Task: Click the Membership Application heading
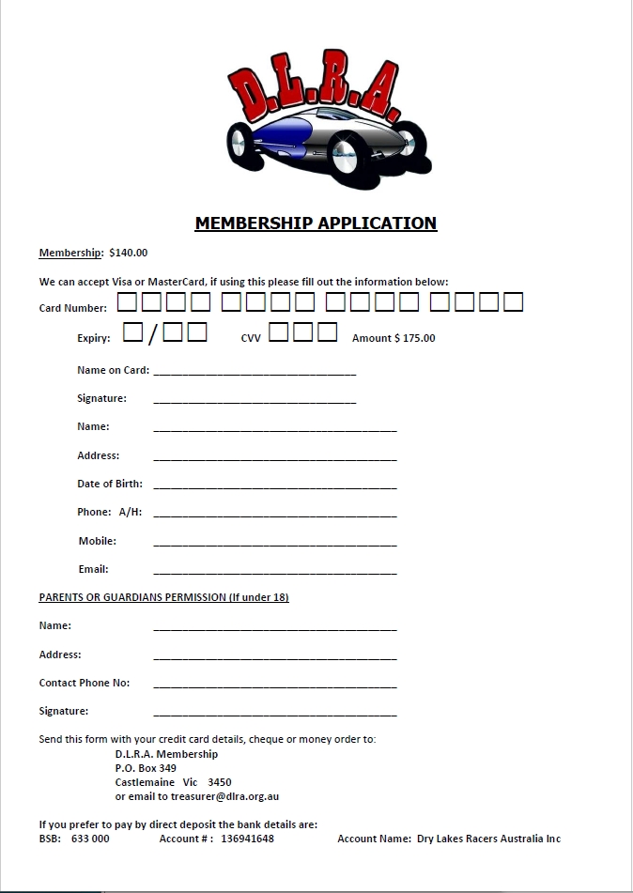(x=316, y=223)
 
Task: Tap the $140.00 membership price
(x=128, y=253)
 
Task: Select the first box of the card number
(x=127, y=302)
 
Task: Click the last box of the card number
(x=513, y=302)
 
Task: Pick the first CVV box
(x=279, y=332)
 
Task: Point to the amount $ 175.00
(x=394, y=338)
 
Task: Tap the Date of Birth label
(x=110, y=485)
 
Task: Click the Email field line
(x=274, y=572)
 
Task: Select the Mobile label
(x=98, y=541)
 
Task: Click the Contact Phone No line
(x=274, y=685)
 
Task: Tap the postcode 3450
(x=219, y=782)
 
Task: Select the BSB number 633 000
(x=90, y=839)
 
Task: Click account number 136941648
(x=248, y=839)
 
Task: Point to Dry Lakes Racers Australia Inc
(x=488, y=839)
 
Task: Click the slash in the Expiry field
(x=152, y=336)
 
